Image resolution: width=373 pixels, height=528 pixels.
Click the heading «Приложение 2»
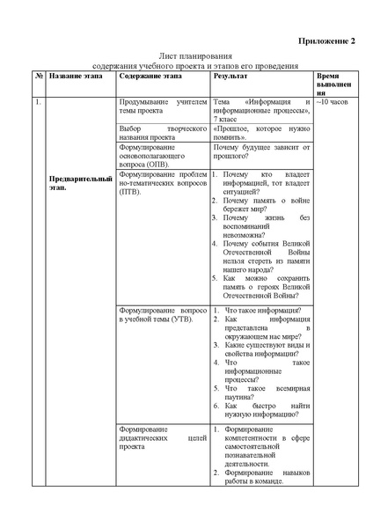point(326,40)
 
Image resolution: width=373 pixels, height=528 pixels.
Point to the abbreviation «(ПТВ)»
point(129,190)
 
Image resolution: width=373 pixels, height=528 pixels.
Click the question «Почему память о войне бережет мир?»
point(267,206)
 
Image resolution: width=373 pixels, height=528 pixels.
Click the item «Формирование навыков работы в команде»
point(267,477)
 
